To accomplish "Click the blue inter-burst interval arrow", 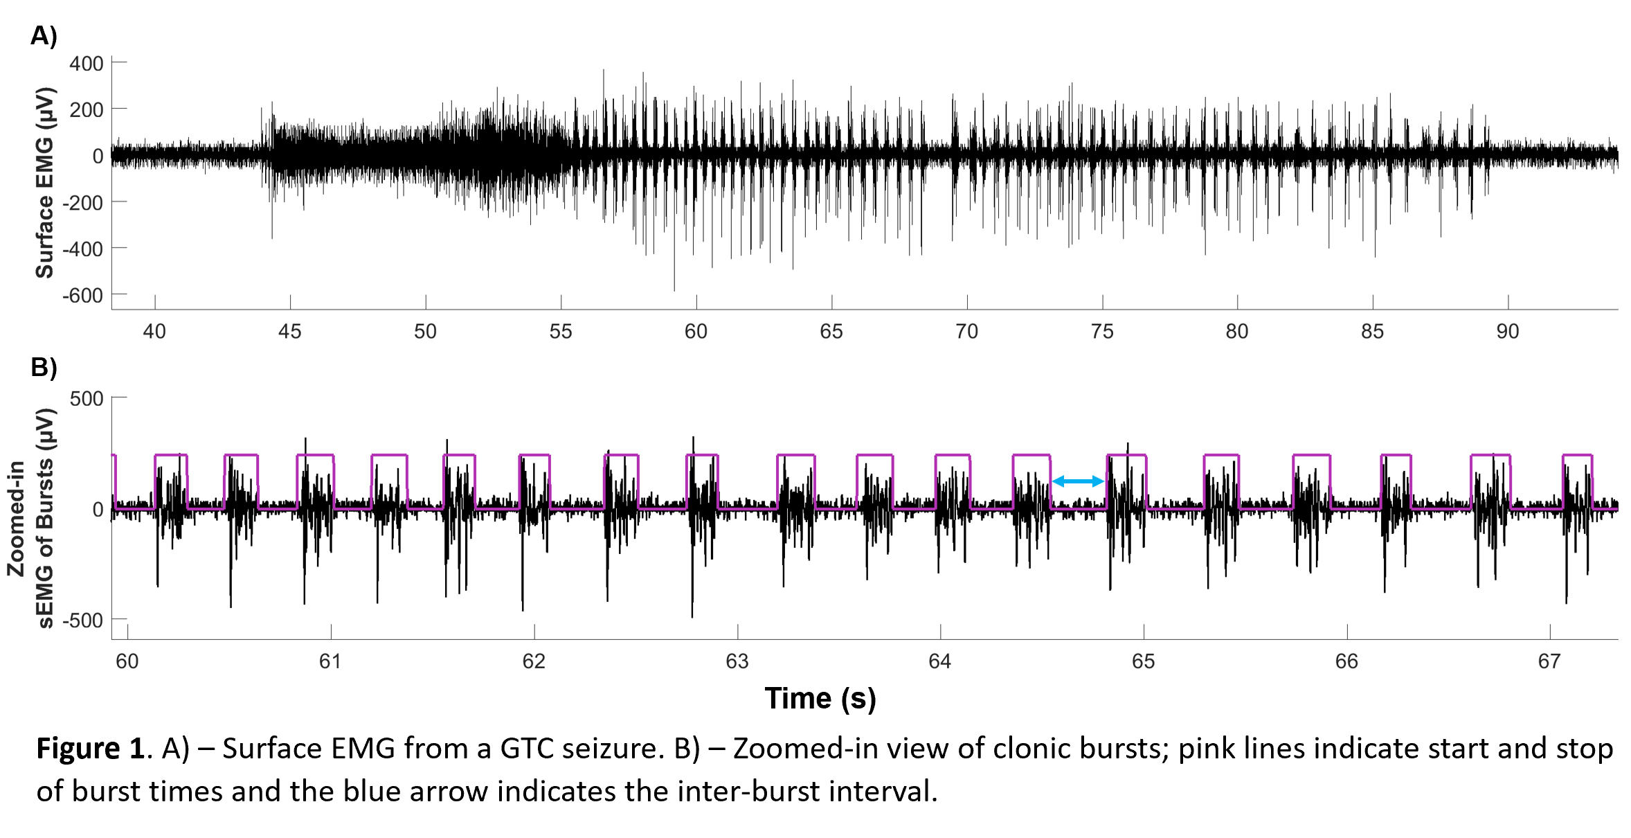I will pyautogui.click(x=1078, y=481).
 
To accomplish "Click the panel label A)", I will pyautogui.click(x=44, y=35).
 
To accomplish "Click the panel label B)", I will pyautogui.click(x=44, y=367).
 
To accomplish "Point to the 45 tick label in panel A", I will pyautogui.click(x=289, y=332).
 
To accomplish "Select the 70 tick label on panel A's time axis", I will pyautogui.click(x=966, y=332).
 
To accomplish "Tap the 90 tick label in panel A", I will pyautogui.click(x=1507, y=332).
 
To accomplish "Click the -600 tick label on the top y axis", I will pyautogui.click(x=82, y=296).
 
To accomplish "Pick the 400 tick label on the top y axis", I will pyautogui.click(x=87, y=64).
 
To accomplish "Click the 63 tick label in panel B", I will pyautogui.click(x=737, y=661).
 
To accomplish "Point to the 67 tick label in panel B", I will pyautogui.click(x=1549, y=661).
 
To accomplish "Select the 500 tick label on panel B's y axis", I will pyautogui.click(x=87, y=399).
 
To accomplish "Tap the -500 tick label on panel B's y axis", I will pyautogui.click(x=82, y=620).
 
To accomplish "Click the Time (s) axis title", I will pyautogui.click(x=820, y=698).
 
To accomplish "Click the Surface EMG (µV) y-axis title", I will pyautogui.click(x=44, y=183).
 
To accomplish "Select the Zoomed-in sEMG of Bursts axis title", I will pyautogui.click(x=30, y=518).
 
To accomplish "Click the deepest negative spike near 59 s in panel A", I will pyautogui.click(x=674, y=287).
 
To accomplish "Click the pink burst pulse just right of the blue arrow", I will pyautogui.click(x=1126, y=456).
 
